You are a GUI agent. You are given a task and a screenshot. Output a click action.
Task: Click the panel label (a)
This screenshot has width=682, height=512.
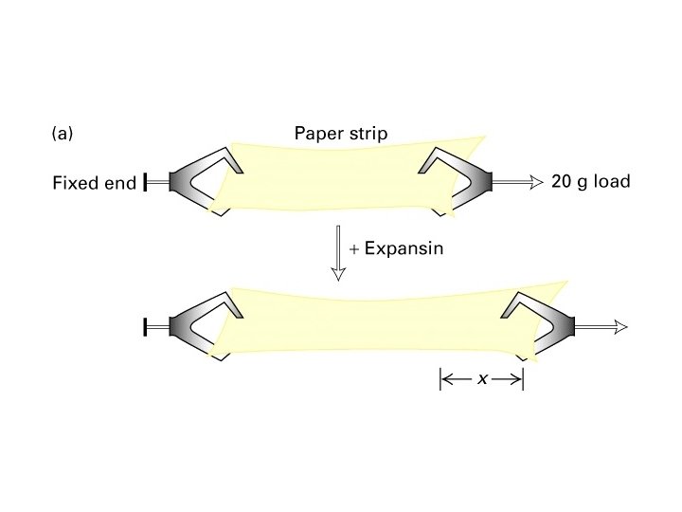pos(62,135)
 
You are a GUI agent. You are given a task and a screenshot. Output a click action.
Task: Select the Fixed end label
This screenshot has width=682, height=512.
pos(94,183)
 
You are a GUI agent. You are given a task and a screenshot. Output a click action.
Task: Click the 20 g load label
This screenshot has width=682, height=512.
pos(590,181)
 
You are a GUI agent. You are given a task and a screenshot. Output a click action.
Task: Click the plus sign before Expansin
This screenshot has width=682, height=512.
pos(353,249)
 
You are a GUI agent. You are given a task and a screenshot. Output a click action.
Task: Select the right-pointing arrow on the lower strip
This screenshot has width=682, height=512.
pos(601,326)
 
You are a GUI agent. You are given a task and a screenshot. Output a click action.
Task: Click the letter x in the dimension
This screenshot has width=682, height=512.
pos(482,379)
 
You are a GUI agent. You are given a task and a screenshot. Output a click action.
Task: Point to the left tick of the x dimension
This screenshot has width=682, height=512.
pos(440,379)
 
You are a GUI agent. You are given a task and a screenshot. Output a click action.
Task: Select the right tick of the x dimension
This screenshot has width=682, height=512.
pos(523,379)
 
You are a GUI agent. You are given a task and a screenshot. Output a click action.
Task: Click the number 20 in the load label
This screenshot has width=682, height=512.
pos(561,181)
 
